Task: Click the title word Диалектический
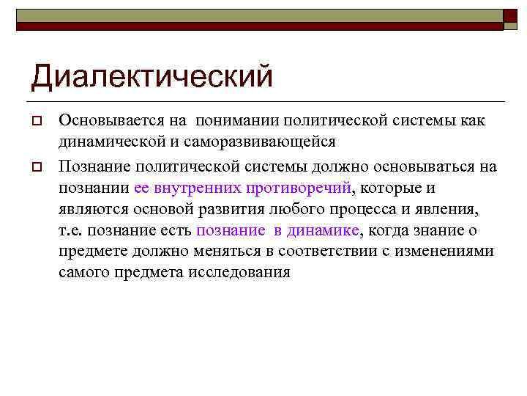coord(152,76)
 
